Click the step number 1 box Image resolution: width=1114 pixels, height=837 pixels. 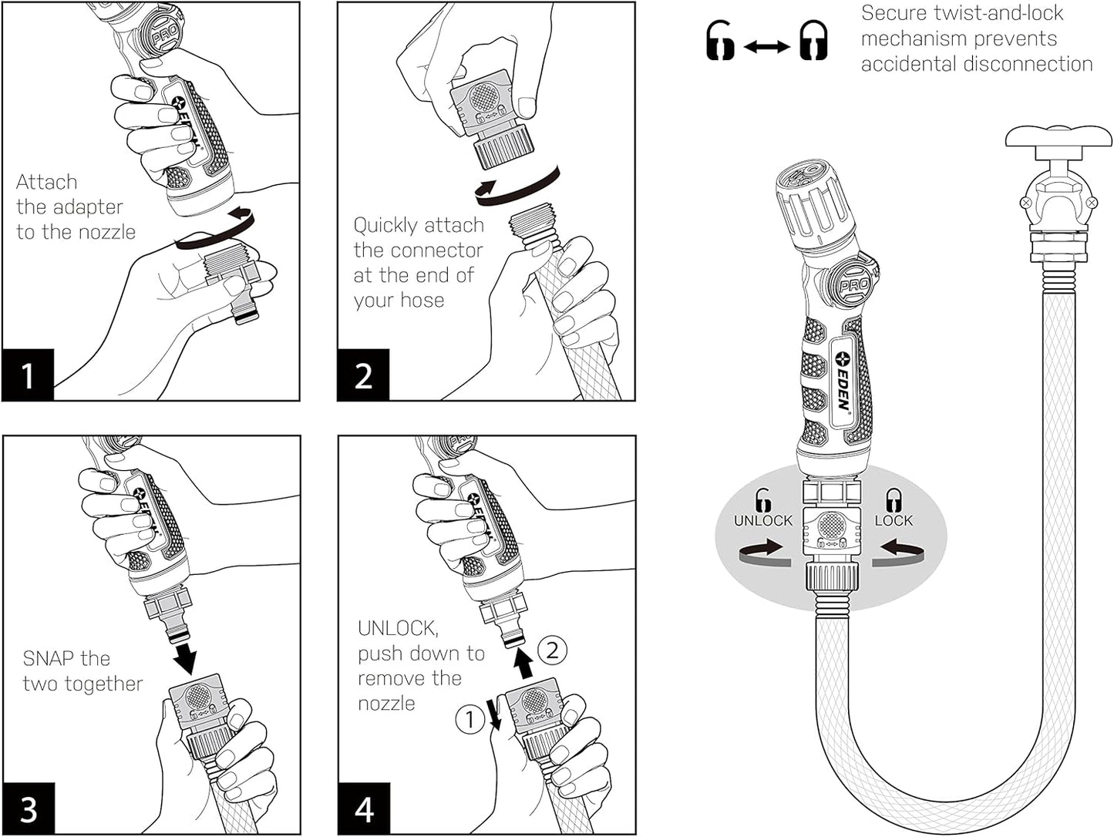(x=28, y=375)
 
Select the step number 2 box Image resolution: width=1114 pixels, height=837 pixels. (x=363, y=375)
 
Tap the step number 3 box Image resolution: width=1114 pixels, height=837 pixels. (x=29, y=809)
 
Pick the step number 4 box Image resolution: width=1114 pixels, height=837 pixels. (x=364, y=809)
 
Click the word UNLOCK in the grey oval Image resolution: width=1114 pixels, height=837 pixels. (x=762, y=520)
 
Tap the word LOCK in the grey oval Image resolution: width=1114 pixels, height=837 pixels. (x=894, y=520)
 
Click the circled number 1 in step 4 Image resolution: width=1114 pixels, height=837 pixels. (x=469, y=720)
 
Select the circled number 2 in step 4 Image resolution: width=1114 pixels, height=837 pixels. (x=552, y=650)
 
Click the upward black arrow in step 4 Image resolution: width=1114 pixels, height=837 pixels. (x=523, y=662)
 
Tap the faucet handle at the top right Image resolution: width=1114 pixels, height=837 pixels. (x=1058, y=139)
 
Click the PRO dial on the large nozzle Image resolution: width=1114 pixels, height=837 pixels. (x=853, y=284)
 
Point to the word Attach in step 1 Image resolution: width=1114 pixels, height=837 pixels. (x=46, y=182)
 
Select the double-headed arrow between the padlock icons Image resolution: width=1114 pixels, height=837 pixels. (x=766, y=47)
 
